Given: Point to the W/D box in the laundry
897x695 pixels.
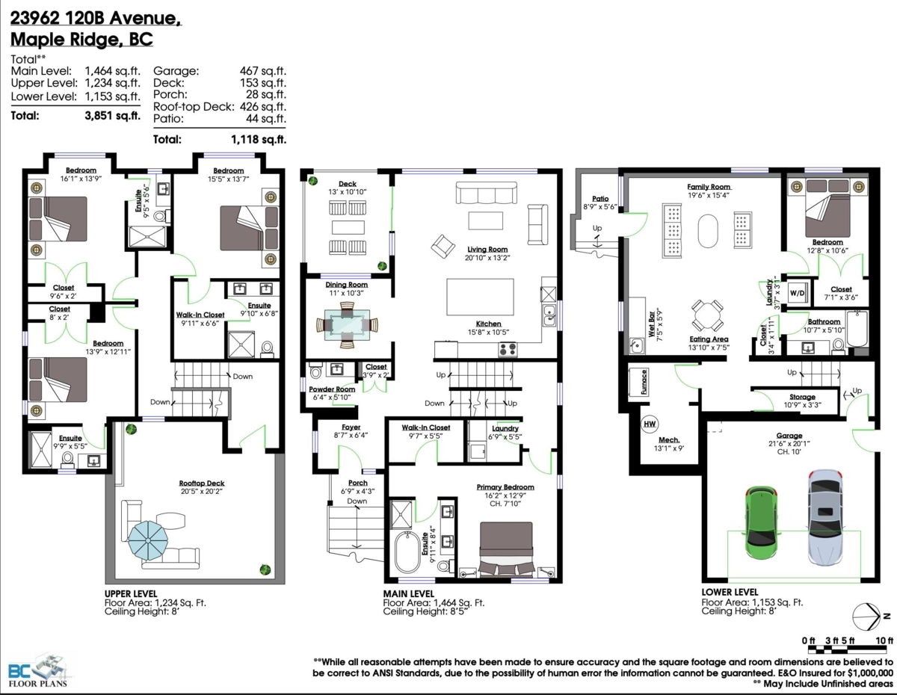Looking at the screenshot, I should coord(797,292).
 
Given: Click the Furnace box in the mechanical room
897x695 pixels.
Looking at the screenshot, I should coord(644,382).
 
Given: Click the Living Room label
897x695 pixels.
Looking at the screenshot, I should coord(487,250).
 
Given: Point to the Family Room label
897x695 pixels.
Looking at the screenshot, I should coord(708,186).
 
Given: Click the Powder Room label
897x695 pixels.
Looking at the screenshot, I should coord(332,389).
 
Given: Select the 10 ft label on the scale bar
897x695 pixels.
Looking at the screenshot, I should coord(884,640).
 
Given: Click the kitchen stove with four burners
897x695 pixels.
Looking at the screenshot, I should coord(508,348).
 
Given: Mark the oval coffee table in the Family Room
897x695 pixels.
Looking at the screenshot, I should coord(707,232).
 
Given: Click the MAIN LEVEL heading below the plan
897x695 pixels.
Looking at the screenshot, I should coord(409,593).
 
